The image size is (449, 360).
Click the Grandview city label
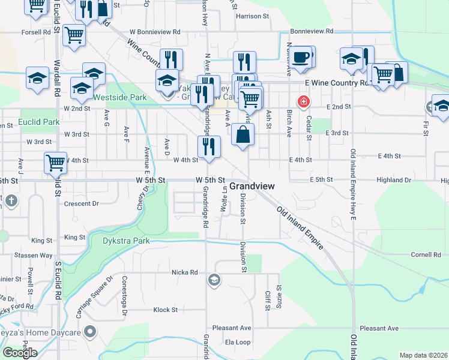(252, 186)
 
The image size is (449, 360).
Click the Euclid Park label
(39, 122)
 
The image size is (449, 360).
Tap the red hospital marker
(304, 101)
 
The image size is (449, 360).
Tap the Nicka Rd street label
(185, 272)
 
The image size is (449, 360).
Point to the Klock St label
(166, 310)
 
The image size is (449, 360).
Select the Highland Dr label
(394, 180)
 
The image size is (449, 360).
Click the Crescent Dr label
(81, 203)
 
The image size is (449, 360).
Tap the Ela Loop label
(237, 342)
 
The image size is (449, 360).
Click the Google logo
(20, 353)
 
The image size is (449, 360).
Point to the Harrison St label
(251, 17)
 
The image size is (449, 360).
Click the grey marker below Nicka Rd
(214, 280)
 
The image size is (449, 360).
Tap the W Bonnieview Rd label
(155, 31)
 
